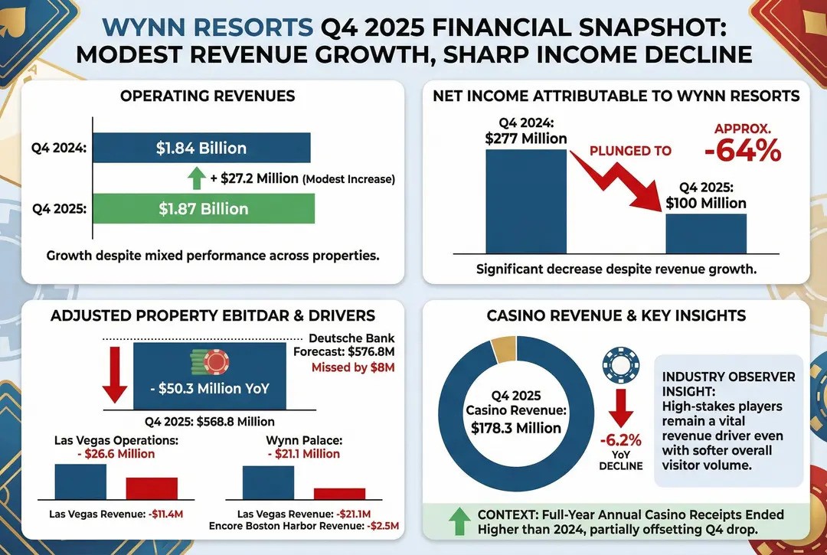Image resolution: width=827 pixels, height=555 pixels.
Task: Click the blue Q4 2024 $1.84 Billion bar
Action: coord(201,148)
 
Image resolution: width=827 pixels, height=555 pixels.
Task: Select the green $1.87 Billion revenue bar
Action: coord(203,208)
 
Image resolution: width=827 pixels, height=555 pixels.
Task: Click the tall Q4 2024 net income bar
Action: coord(526,201)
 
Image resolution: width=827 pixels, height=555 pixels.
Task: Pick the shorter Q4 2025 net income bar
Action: coord(705,233)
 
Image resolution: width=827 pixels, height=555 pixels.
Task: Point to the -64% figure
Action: coord(742,150)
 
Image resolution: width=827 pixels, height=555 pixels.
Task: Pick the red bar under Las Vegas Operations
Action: coord(152,488)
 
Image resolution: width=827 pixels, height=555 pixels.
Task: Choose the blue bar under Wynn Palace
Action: coord(268,482)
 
